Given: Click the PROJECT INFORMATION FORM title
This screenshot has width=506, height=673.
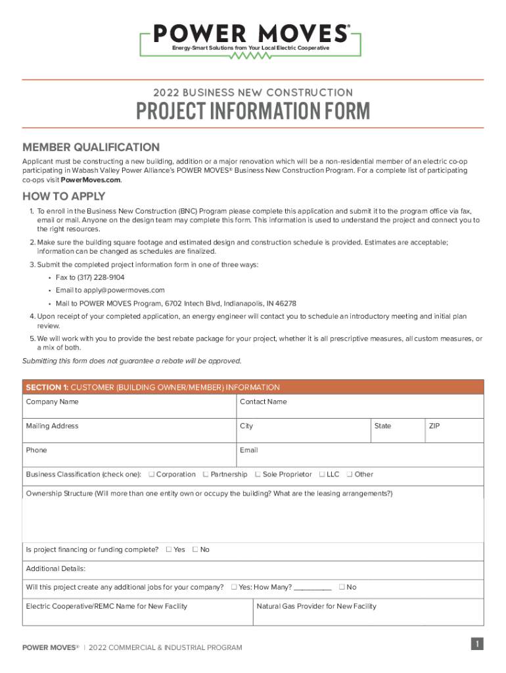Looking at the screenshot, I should (253, 111).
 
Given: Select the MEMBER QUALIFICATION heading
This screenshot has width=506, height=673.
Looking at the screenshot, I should (91, 147).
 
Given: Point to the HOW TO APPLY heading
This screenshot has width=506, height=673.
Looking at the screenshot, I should (64, 197).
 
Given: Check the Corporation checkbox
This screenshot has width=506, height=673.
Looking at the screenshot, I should (152, 475).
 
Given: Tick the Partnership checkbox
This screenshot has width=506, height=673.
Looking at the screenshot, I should (206, 475).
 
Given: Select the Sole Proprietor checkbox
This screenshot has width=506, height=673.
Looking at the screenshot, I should (258, 475).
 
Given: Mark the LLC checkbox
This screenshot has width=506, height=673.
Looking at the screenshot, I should (322, 475).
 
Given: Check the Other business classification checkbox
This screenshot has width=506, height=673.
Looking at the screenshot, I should (350, 475).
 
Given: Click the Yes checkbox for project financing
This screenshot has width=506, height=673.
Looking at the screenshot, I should (169, 549).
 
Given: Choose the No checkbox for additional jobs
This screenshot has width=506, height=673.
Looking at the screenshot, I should (342, 587).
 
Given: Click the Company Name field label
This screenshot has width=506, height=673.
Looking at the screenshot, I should (52, 402).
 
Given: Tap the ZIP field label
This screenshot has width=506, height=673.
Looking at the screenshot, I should (434, 426).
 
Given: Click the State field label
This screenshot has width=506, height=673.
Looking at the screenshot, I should (382, 426).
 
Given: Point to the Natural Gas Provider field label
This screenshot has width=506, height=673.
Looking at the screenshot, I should (316, 606).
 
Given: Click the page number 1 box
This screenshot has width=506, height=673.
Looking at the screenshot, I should (478, 645).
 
